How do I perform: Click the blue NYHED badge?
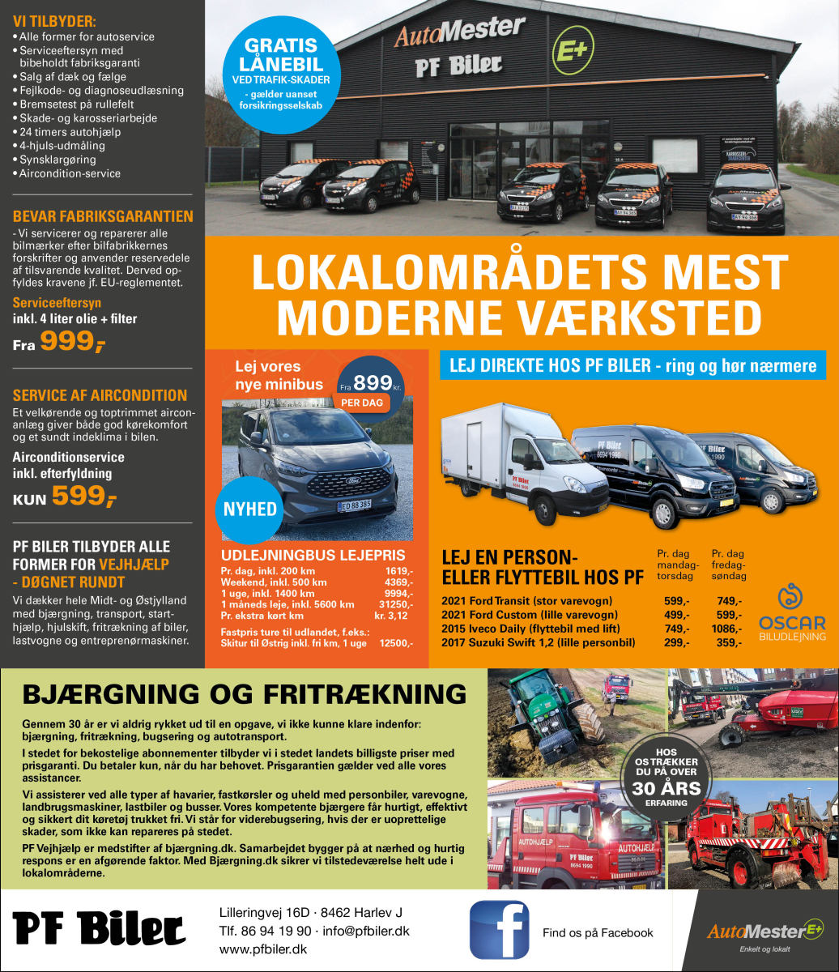point(250,509)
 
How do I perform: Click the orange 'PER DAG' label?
point(360,402)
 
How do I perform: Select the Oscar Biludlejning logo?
point(791,610)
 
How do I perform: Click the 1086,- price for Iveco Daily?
point(728,629)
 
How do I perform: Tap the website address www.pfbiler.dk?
point(262,949)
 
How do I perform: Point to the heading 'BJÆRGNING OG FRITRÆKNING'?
point(245,694)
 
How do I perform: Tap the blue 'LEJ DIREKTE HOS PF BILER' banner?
point(632,365)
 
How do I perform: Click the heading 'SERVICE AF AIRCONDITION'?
point(100,395)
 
